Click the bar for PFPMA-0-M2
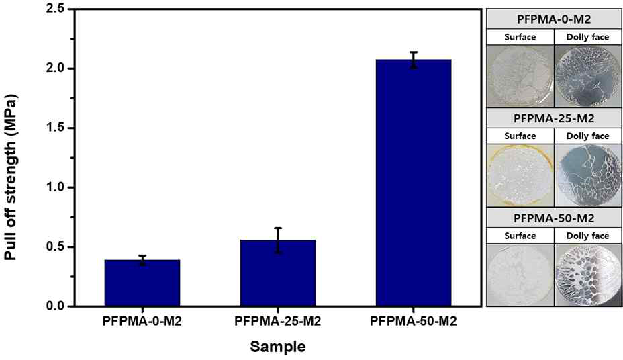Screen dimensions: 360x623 (142, 283)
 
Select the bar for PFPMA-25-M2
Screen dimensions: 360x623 (277, 273)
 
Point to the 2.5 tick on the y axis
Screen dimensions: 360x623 (56, 9)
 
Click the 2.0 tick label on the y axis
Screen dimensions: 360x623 (56, 69)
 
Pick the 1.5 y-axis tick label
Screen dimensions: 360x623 (56, 128)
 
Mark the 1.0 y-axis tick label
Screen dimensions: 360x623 (56, 187)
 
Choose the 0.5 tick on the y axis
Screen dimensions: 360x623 (56, 246)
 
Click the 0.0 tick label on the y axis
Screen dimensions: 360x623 (56, 306)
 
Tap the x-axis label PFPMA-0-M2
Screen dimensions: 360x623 (142, 321)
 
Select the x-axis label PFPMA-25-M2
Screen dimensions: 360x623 (277, 321)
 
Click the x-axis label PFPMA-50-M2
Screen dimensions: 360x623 (413, 321)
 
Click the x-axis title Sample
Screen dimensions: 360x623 (277, 347)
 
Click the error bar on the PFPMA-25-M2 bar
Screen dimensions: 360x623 (277, 240)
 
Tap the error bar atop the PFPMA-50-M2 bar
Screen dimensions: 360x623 (413, 60)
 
